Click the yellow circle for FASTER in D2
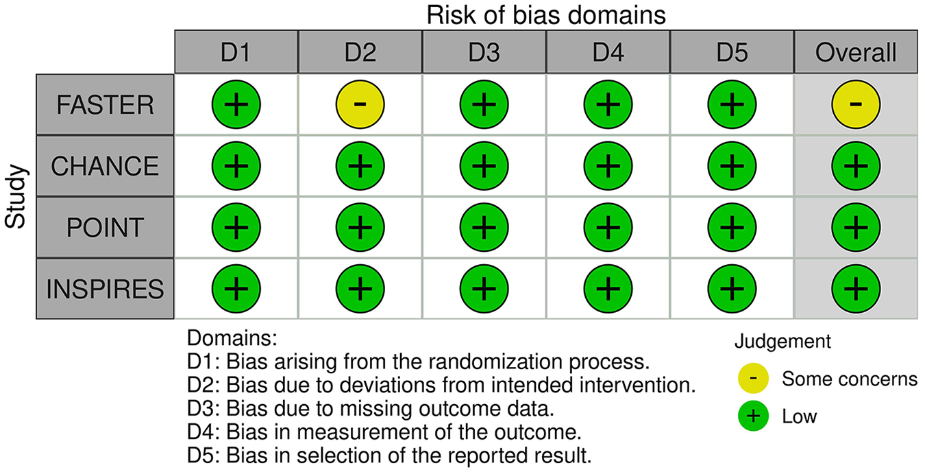[360, 104]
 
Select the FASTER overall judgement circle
[856, 104]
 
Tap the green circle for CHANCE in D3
[484, 166]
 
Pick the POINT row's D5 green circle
[732, 227]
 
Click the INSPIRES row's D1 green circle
[236, 289]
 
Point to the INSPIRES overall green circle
[856, 289]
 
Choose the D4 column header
[608, 52]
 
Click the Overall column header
[856, 52]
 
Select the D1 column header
[236, 52]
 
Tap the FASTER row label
[105, 104]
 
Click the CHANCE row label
[105, 166]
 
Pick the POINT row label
[105, 227]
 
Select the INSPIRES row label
[105, 289]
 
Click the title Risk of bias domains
[546, 15]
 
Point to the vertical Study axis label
[15, 196]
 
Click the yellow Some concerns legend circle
[753, 378]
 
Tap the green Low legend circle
[753, 416]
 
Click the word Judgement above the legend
[782, 342]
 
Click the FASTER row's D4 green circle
[608, 104]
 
